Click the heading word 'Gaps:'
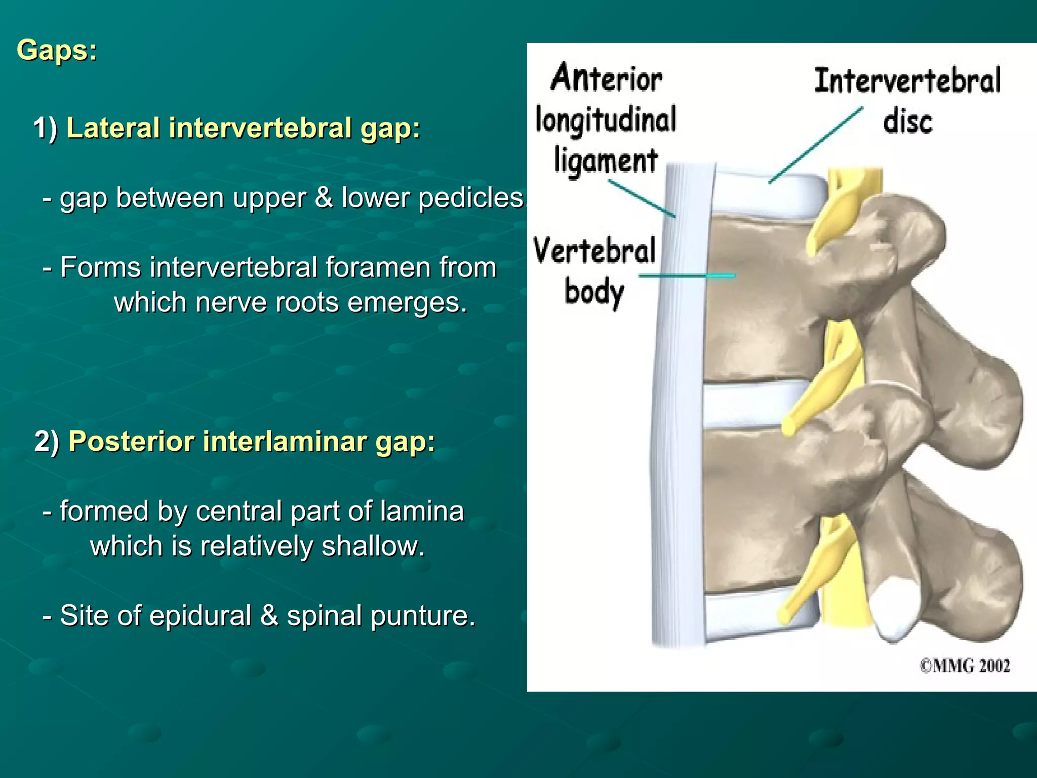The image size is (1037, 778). point(57,51)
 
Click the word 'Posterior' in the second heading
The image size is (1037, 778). point(131,441)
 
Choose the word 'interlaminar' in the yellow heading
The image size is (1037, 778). point(284,441)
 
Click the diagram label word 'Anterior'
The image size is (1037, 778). point(607,79)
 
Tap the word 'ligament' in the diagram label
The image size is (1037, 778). point(606,161)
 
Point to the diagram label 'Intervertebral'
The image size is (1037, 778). point(907,81)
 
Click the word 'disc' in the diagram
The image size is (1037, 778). point(907,122)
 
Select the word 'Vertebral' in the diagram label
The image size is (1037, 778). point(594,251)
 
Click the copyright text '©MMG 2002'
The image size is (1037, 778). point(965,666)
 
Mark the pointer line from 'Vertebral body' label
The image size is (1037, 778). point(687,276)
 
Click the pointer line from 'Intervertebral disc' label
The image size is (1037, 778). point(815,145)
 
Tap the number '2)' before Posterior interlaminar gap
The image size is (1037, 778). point(47,441)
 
